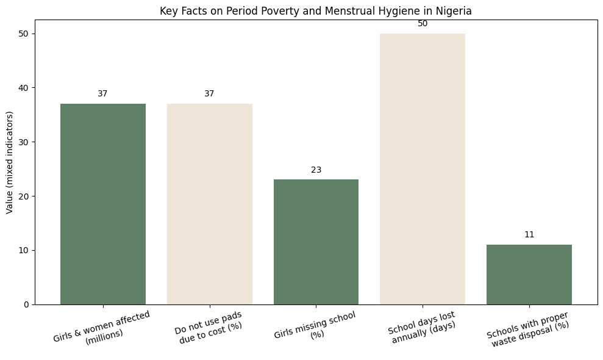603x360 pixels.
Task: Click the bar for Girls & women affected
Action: (102, 204)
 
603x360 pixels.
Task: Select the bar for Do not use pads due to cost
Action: (209, 204)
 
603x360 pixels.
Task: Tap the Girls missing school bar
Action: (316, 242)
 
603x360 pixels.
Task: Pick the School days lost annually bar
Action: (423, 169)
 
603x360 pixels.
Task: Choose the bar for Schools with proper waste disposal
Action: (529, 274)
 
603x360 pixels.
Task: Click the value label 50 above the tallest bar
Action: (423, 24)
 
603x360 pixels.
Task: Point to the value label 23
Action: (316, 170)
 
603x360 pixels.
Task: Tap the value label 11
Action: (529, 235)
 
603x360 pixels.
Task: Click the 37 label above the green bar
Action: (102, 94)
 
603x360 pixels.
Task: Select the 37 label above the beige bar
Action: (209, 94)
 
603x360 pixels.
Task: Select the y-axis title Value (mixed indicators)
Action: (9, 162)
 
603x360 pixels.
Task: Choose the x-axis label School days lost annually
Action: (422, 327)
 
